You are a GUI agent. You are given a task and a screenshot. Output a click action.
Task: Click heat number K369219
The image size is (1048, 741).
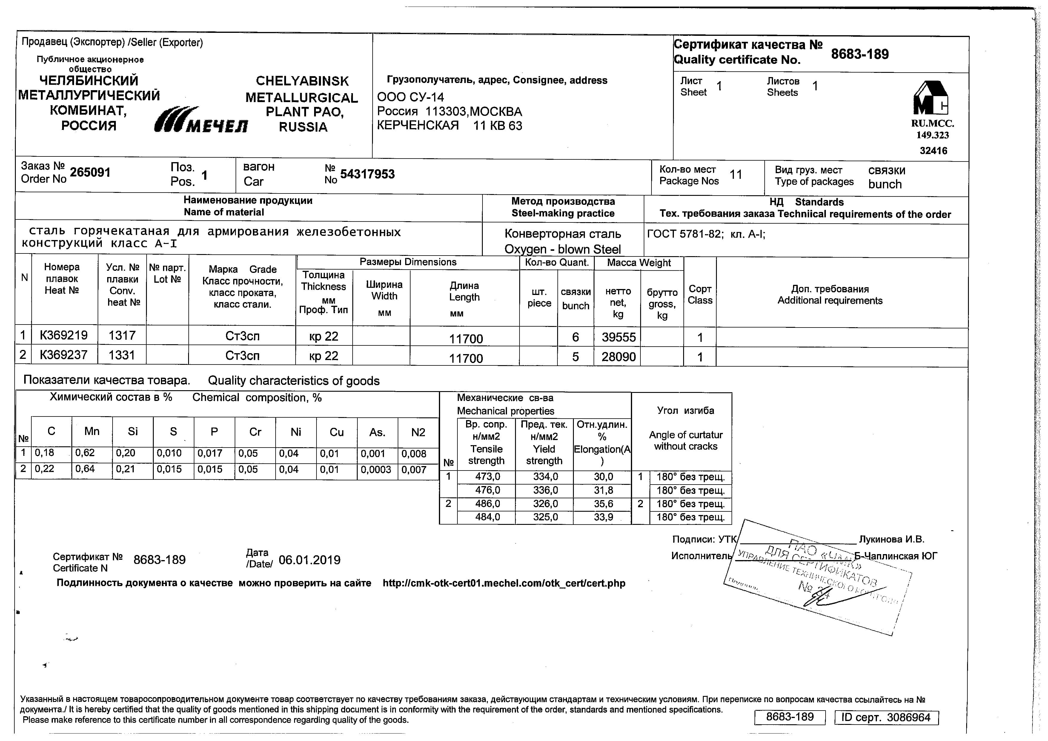point(63,335)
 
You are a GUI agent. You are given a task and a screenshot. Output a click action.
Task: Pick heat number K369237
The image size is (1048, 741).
point(63,355)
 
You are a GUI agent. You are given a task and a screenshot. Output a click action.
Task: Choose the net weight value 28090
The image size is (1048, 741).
point(618,357)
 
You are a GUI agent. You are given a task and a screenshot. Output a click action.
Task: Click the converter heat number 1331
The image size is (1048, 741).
point(122,355)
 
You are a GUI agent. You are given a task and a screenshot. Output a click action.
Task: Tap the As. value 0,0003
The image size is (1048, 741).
point(376,470)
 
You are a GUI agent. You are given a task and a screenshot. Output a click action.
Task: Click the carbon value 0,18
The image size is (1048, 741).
point(44,453)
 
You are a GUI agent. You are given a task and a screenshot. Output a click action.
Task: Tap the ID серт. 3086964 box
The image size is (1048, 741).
point(886,718)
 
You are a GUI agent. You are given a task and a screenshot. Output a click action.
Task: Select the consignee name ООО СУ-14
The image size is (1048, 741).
point(410,97)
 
